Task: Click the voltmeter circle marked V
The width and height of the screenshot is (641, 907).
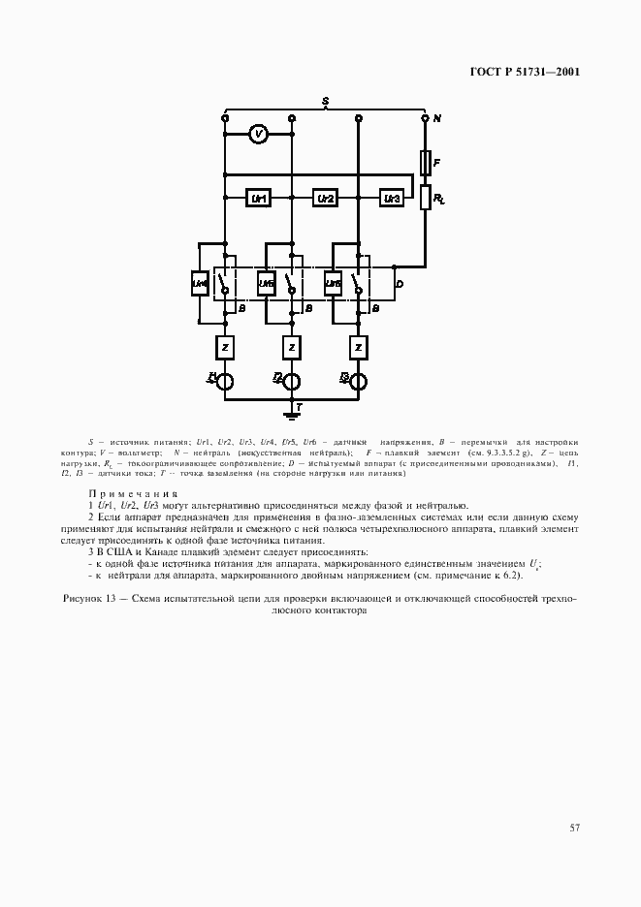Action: click(257, 136)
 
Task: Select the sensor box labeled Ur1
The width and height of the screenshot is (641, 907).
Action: click(258, 198)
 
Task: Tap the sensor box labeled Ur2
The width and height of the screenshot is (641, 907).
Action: click(325, 198)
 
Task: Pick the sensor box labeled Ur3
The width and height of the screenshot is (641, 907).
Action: click(391, 198)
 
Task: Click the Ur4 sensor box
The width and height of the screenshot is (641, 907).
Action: click(199, 284)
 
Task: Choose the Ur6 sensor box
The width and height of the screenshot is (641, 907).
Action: click(332, 284)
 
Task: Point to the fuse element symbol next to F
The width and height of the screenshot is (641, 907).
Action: click(425, 161)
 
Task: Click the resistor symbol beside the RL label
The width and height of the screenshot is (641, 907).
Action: click(425, 198)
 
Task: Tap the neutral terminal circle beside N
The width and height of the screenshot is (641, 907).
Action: click(425, 118)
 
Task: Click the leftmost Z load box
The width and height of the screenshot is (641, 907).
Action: click(224, 346)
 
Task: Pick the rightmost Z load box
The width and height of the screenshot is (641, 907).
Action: click(358, 346)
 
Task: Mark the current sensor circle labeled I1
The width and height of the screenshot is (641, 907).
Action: click(224, 380)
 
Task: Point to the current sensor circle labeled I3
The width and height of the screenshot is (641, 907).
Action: click(358, 380)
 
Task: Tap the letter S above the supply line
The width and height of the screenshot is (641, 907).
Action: click(325, 101)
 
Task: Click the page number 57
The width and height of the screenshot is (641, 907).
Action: click(574, 827)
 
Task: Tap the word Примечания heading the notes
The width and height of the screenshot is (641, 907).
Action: click(133, 493)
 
